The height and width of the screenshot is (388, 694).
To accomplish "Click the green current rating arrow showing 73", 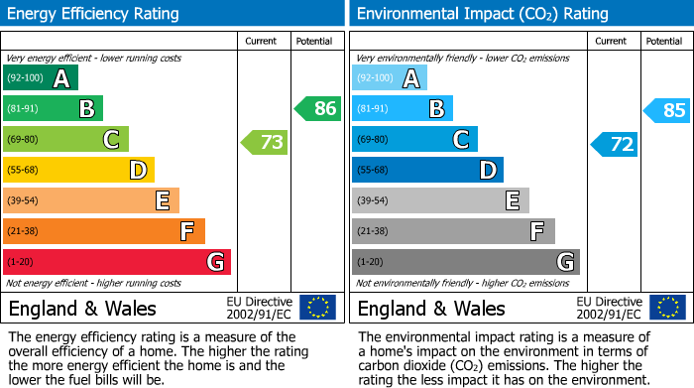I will pos(265,143).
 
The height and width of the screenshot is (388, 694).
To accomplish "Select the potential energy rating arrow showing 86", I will pos(318,109).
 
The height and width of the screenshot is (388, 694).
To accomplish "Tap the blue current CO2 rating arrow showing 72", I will pos(615,144).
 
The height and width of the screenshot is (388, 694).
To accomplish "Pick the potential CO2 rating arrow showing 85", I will pos(667,110).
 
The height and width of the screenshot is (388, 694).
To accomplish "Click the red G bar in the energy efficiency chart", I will pos(117,262).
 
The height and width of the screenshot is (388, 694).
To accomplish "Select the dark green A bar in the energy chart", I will pos(41,78).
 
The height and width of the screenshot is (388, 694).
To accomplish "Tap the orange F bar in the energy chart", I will pos(104,231).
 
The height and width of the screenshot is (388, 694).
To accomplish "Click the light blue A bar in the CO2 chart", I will pos(390,78).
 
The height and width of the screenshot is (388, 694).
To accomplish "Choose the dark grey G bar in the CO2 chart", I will pos(465,262).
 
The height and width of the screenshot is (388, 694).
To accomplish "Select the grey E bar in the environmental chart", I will pos(440,200).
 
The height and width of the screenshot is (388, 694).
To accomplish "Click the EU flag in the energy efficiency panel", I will pos(317,307).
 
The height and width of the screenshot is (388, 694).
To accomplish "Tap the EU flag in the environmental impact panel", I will pos(667,307).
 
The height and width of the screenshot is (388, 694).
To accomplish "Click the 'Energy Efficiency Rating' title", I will pos(94,14).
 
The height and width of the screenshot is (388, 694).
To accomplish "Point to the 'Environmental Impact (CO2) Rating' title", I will pos(482,14).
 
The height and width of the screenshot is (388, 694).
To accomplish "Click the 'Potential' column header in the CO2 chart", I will pos(663,41).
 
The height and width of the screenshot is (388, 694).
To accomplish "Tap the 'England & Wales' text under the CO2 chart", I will pos(431,308).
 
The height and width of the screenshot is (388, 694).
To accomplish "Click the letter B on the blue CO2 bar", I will pos(436,109).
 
